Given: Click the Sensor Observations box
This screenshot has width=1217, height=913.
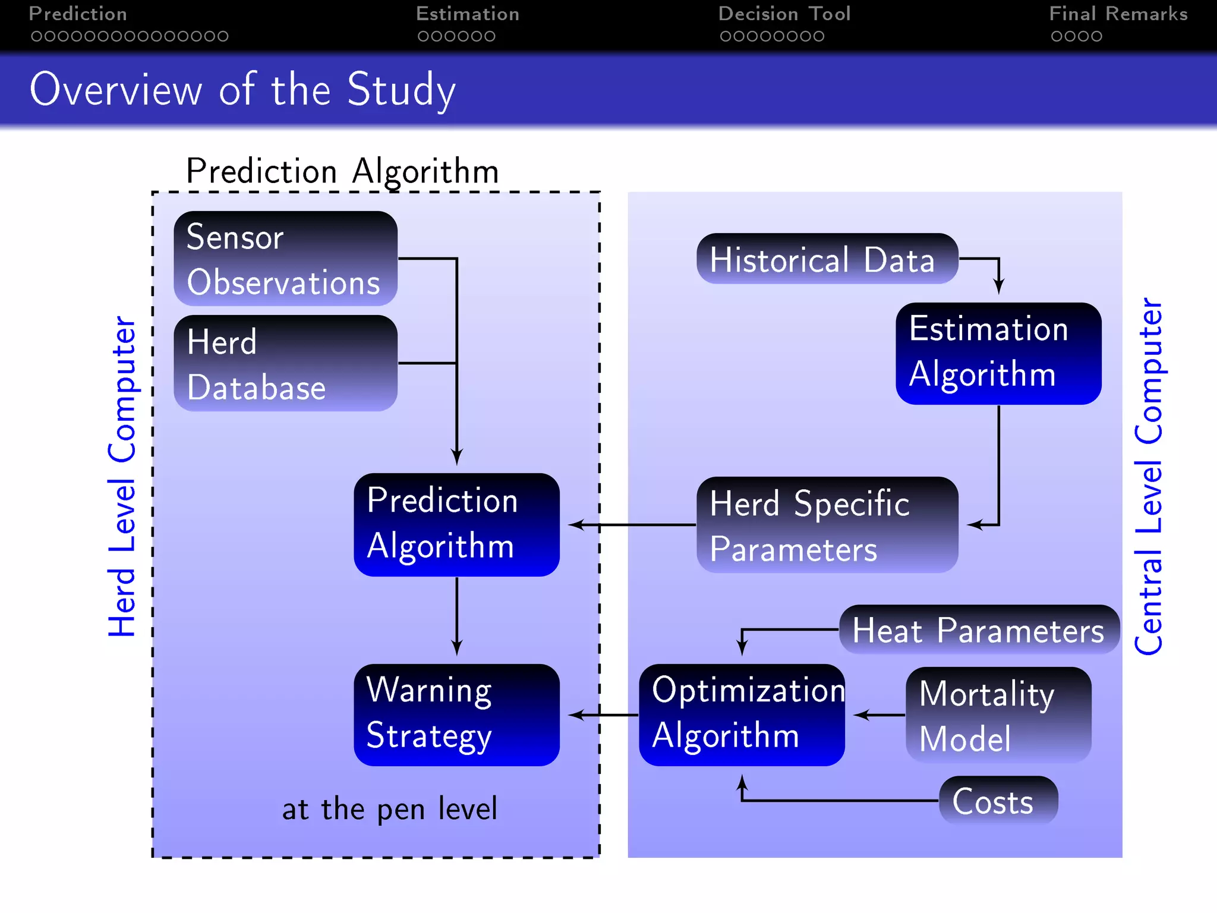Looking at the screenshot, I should coord(285,259).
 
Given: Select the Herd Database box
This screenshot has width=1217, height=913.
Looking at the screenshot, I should coord(285,363).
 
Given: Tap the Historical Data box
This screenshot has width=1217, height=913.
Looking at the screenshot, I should coord(827,259).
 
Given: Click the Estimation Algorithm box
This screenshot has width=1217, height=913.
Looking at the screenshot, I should coord(998,353).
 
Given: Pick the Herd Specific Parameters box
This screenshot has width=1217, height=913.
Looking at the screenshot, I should coord(827,525).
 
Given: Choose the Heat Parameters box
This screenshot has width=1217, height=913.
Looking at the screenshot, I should coord(979,630).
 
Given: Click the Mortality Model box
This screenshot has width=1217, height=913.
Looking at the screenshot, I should coord(998,715).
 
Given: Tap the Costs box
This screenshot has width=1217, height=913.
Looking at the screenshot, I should coord(998,801).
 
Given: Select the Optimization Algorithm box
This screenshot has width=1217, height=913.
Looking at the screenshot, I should coord(742,715).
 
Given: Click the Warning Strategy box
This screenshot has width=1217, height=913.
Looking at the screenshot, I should coord(456,715).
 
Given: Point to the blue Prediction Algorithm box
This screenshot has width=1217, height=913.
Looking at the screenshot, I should coord(456,524).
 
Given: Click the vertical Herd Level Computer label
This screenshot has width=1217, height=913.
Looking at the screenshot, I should coord(122,477).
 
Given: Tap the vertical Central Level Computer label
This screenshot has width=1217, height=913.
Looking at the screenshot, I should coord(1148,477).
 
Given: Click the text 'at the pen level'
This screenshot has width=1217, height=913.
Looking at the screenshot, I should coord(389,810).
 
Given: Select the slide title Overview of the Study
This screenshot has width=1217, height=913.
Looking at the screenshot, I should coord(242,90).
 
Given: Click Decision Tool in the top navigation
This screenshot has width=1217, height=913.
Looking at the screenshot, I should coord(784,14).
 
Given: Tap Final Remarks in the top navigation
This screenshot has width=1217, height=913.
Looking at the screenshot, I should coord(1118,14).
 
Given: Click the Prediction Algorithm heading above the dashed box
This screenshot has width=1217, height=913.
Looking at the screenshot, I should coord(342,172).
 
